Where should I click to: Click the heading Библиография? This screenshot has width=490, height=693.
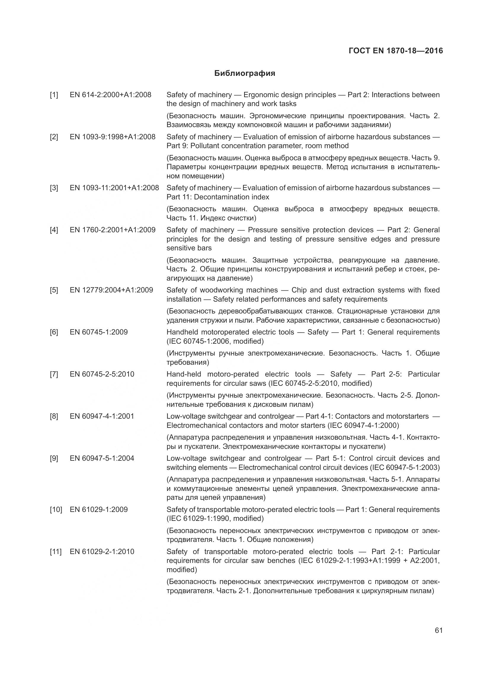[x=245, y=73]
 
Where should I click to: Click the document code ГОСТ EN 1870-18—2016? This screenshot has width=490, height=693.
[x=395, y=51]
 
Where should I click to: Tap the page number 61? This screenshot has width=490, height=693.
[x=439, y=630]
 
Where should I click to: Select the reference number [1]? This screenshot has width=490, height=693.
[x=54, y=95]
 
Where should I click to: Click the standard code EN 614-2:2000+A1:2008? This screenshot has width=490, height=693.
[x=111, y=95]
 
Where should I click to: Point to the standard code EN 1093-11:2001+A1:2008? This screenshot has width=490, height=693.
[x=114, y=188]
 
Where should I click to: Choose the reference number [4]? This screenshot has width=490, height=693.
[x=54, y=230]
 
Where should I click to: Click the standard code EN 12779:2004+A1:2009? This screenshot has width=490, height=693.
[x=111, y=290]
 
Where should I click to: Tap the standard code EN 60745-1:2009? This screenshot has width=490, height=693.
[x=99, y=332]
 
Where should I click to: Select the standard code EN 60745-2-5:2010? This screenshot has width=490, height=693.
[x=102, y=374]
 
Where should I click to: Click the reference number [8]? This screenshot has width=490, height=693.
[x=54, y=416]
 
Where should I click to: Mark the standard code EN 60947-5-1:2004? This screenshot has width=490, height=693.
[x=102, y=458]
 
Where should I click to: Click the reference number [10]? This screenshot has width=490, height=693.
[x=56, y=510]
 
